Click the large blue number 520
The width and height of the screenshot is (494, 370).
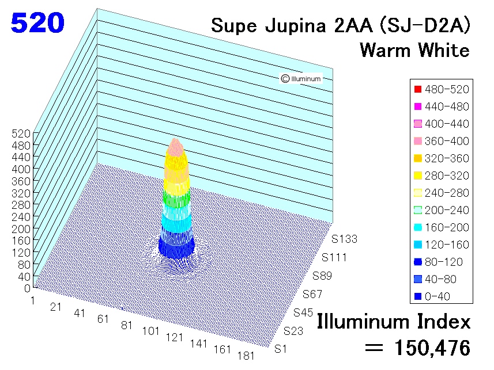click(37, 23)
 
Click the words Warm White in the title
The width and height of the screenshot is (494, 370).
click(414, 50)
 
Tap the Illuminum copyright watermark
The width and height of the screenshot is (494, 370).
click(301, 78)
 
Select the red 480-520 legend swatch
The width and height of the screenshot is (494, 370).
click(418, 89)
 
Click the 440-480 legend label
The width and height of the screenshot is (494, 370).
click(447, 106)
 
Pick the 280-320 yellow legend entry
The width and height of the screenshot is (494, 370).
click(442, 176)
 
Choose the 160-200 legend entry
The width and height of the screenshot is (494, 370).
click(442, 227)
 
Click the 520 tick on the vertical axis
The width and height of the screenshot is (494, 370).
click(21, 133)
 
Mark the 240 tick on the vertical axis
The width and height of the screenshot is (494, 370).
click(21, 217)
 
